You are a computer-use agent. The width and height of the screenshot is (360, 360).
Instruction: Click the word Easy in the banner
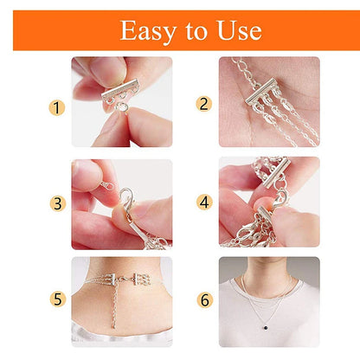(147, 30)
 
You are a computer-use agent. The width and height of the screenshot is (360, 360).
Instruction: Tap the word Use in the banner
(235, 30)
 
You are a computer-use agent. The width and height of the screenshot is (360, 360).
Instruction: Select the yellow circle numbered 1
(57, 108)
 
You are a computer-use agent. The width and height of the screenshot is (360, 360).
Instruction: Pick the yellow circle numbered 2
(204, 104)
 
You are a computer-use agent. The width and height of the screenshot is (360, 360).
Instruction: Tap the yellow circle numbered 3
(57, 204)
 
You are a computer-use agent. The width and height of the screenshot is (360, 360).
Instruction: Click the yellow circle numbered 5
(57, 300)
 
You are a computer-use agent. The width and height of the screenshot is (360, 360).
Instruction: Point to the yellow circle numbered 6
(204, 300)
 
